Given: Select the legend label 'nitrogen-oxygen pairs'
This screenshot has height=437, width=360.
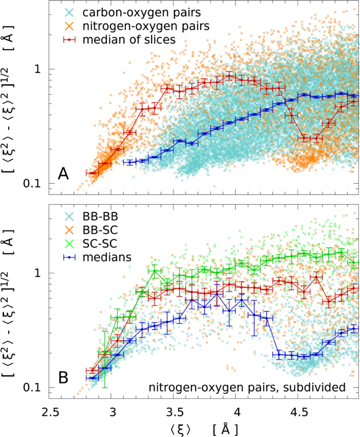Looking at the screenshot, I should [128, 25].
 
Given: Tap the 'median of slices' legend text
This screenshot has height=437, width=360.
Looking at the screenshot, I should [118, 39].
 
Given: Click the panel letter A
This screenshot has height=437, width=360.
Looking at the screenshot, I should [63, 174].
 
